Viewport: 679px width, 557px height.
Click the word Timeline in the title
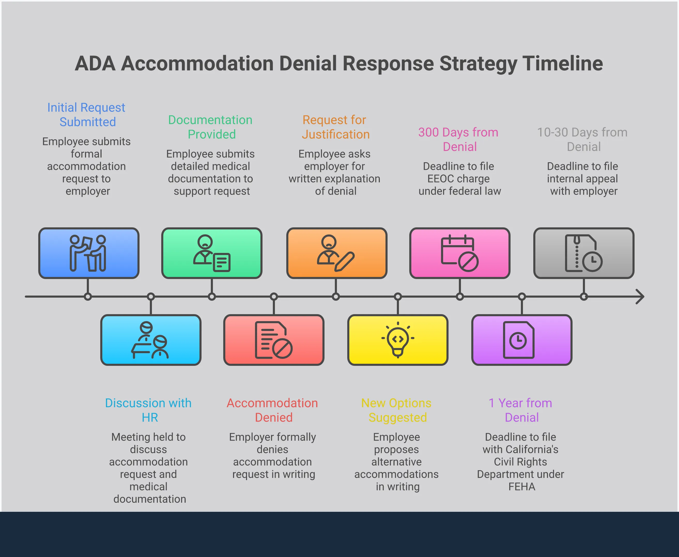[x=562, y=64]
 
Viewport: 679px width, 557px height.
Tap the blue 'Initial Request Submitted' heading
[x=86, y=114]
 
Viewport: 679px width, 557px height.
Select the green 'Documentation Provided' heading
[x=211, y=127]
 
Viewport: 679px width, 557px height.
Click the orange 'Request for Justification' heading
[x=335, y=127]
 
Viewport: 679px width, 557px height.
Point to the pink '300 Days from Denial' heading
[x=459, y=139]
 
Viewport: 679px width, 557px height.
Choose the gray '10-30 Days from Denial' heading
[x=582, y=139]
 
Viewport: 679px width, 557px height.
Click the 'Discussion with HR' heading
[x=149, y=410]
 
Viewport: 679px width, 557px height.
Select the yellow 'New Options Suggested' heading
[x=397, y=410]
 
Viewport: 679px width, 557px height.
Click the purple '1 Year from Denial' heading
[x=521, y=410]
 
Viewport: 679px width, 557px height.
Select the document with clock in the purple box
[x=519, y=340]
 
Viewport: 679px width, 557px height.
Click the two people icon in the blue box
[x=88, y=253]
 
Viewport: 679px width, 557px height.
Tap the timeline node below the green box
[x=212, y=297]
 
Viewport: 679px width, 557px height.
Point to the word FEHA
[x=522, y=487]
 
